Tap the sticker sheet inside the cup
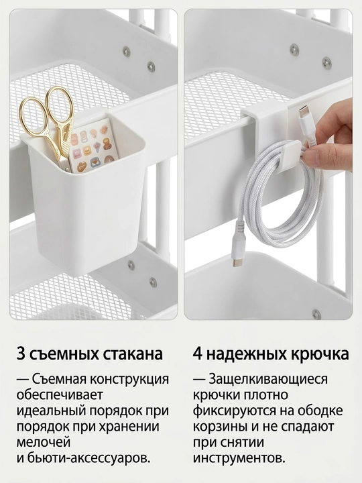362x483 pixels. (90, 145)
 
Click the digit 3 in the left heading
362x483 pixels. (21, 354)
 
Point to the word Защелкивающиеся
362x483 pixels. (267, 380)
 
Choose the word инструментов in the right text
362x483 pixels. (239, 459)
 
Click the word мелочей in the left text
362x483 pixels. (44, 443)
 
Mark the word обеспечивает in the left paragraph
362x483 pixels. (59, 395)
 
